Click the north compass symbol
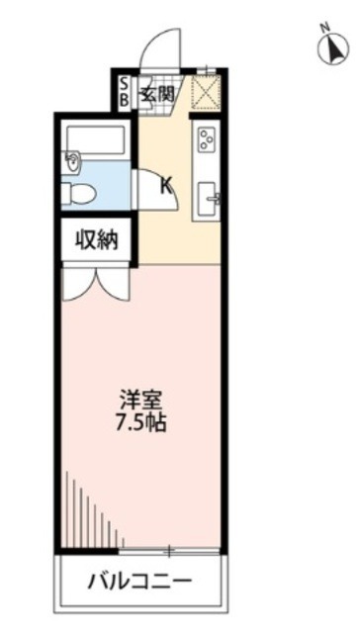point(329,46)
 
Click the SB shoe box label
point(124,93)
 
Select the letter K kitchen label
point(166,183)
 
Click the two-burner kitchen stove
point(208,139)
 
